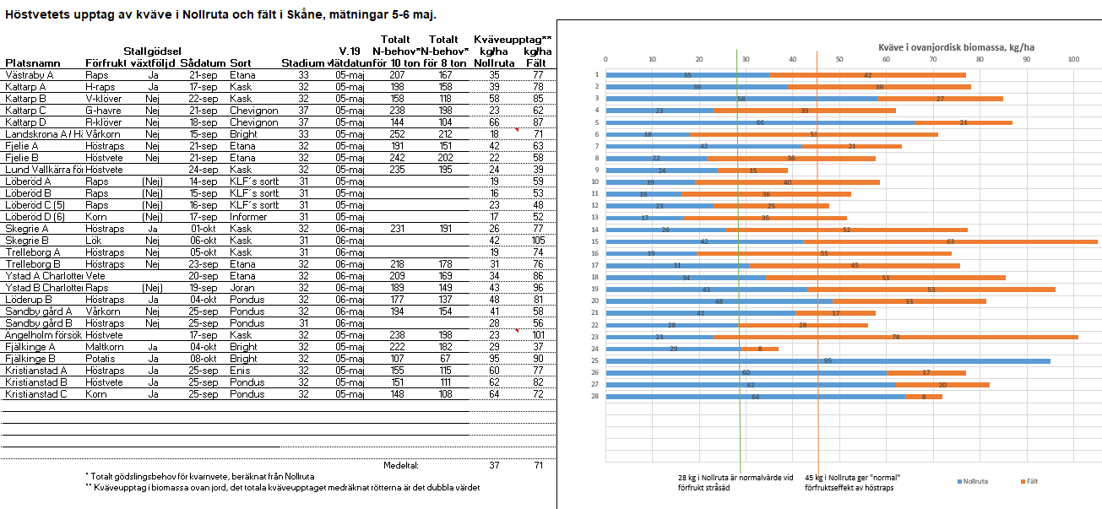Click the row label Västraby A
30,75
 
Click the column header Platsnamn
33,63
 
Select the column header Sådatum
203,63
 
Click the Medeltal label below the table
401,465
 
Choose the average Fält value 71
537,465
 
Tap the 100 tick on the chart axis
1073,59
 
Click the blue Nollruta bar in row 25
828,360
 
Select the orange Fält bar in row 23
895,337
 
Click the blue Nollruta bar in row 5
760,122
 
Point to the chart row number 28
595,396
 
